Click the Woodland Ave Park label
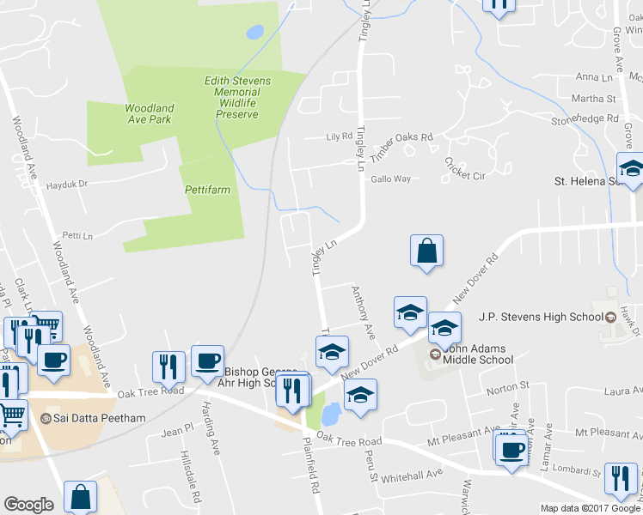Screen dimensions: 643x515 [149, 114]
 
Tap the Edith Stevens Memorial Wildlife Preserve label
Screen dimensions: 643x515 [237, 98]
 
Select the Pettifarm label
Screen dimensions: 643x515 [207, 190]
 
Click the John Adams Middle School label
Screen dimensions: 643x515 [478, 354]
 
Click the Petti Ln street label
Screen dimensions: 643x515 [77, 235]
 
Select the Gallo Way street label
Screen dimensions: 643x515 [390, 179]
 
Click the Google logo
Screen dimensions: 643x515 [29, 505]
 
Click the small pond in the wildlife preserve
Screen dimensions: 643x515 [254, 33]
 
